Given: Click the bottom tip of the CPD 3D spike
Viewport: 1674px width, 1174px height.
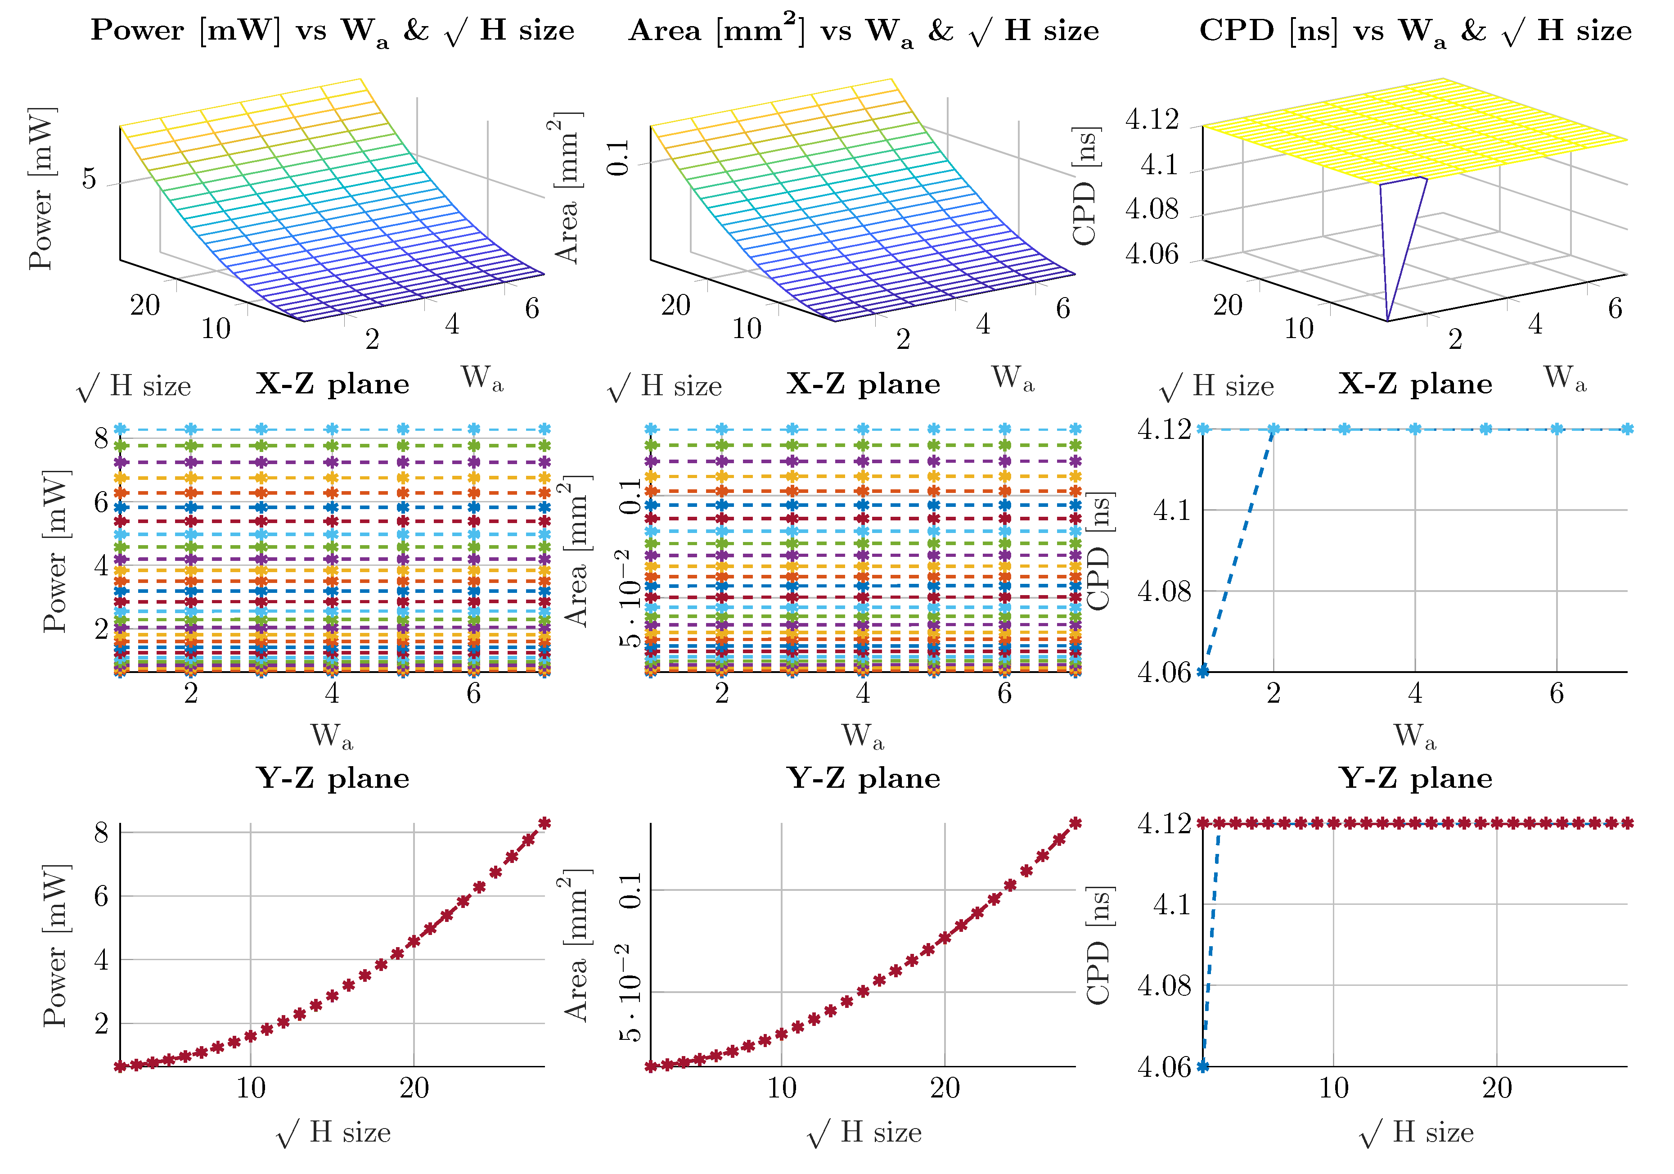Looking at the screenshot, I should [1387, 320].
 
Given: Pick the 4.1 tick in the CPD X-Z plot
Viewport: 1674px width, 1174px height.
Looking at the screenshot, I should [1171, 510].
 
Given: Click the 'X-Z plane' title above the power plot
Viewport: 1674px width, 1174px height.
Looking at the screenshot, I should [333, 384].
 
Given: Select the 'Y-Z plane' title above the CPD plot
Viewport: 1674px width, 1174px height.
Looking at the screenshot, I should [1415, 779].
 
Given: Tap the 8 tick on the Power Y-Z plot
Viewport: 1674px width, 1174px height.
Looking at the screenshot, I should [101, 832].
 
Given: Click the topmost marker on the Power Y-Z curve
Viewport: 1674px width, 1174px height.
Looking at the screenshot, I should [544, 823].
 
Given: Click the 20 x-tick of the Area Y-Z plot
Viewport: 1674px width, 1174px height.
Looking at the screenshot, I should [945, 1088].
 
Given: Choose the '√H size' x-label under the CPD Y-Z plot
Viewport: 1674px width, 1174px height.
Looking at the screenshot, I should [1415, 1133].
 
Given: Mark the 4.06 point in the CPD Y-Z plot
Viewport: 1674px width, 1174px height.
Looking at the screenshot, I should [1203, 1066].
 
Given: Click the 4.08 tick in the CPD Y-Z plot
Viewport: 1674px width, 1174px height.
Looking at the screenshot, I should [1164, 986].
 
